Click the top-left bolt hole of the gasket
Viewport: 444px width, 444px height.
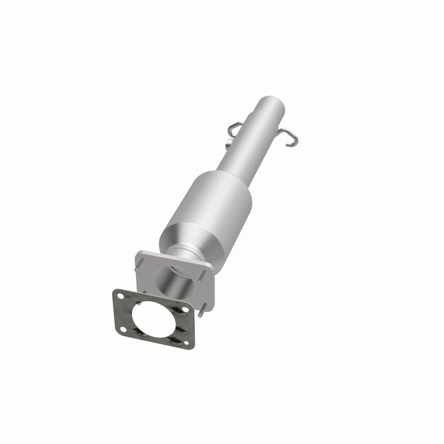(120, 295)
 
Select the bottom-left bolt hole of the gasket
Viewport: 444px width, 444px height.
(123, 330)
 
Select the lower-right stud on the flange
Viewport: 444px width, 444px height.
(203, 310)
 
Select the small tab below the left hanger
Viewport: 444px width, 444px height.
(229, 146)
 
